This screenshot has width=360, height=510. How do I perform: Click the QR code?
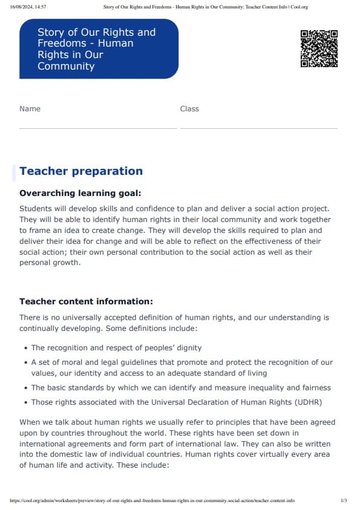[319, 48]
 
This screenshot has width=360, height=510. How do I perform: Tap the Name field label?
[30, 109]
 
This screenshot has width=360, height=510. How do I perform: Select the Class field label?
[189, 109]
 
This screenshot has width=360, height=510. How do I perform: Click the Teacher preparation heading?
[81, 171]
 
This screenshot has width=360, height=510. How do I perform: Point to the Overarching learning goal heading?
[80, 194]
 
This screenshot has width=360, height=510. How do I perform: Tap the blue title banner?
[99, 49]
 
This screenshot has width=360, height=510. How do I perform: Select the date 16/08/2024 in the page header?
[21, 7]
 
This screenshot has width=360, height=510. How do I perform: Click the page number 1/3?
[344, 501]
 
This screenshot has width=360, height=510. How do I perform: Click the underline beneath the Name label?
[98, 128]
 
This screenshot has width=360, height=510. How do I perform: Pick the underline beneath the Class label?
[258, 128]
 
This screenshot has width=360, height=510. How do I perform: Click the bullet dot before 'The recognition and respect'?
[25, 348]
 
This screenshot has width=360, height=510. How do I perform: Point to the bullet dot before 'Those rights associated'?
[25, 402]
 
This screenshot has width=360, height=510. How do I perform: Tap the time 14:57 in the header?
[41, 7]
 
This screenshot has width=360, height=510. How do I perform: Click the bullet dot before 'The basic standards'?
[25, 388]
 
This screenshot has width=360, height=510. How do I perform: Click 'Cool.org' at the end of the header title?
[299, 7]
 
